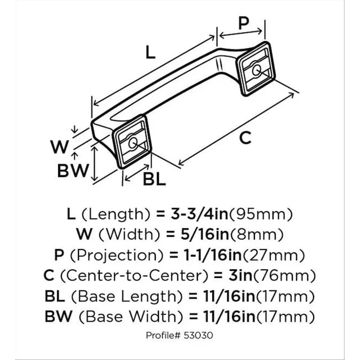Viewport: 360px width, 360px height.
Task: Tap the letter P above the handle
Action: (243, 23)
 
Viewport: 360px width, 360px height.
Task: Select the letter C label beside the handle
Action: (244, 138)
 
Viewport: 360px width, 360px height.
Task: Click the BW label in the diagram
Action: (72, 171)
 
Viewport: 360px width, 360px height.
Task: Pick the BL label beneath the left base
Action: (154, 180)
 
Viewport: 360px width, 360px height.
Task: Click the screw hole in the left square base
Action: (132, 142)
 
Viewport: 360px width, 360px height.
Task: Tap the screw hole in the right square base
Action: (257, 69)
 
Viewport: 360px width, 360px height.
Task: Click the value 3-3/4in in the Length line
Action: (198, 215)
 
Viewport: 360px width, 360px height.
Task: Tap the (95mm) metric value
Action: (261, 215)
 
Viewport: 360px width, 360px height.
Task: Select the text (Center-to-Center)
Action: (138, 276)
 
